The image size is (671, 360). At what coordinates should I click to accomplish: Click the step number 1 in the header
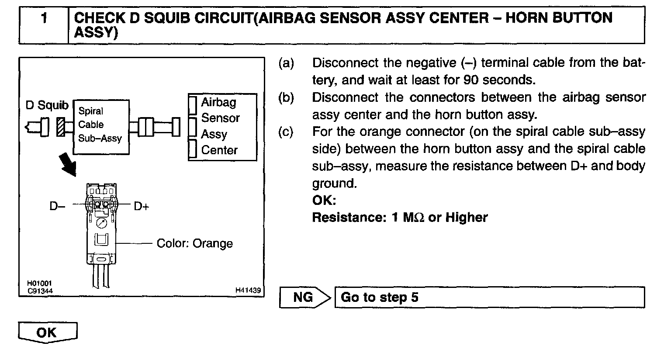pos(44,19)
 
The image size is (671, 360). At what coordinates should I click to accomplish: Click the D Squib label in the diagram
pos(47,105)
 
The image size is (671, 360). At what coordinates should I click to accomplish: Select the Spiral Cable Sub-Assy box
pos(101,127)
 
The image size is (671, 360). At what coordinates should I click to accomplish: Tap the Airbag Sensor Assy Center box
pos(222,127)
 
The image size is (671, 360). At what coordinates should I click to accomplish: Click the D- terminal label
pos(57,206)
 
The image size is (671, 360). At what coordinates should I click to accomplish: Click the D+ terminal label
pos(142,206)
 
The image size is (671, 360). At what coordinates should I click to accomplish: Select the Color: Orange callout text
pos(194,243)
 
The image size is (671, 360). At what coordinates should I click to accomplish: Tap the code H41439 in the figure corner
pos(248,290)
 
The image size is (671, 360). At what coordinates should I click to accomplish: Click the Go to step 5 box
pos(489,298)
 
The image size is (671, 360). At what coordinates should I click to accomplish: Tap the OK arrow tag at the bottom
pos(47,333)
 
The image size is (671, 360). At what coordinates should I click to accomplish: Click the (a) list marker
pos(286,63)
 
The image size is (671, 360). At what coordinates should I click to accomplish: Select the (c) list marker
pos(286,132)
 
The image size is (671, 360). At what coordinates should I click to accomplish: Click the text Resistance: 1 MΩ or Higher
pos(400,217)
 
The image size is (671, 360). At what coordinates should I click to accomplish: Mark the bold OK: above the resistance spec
pos(324,201)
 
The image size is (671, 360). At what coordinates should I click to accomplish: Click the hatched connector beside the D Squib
pos(61,127)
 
